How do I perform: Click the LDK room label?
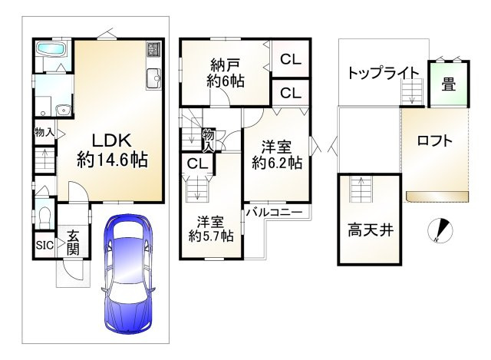click(113, 140)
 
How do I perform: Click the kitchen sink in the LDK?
click(153, 77)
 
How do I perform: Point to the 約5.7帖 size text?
click(211, 236)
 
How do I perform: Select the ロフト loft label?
click(435, 140)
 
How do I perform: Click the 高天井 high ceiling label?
click(371, 229)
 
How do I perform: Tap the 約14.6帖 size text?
click(112, 160)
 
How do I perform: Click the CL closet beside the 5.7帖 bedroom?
click(197, 163)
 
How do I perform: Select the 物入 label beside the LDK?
click(44, 132)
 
